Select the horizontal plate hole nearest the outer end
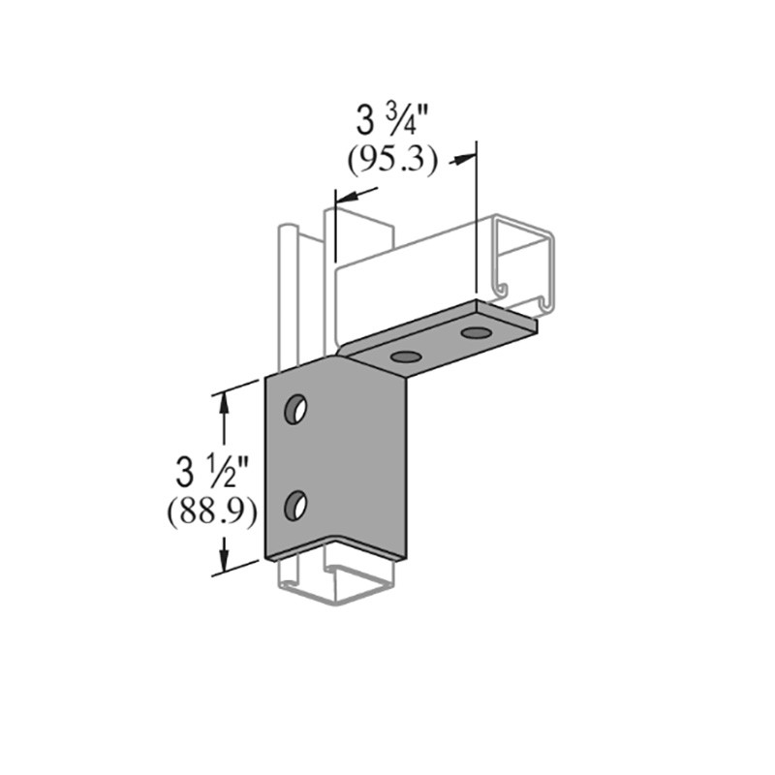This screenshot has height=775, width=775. (475, 333)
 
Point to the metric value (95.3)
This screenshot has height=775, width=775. (391, 161)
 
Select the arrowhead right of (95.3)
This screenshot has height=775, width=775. (466, 158)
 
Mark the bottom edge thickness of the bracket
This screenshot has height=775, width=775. (334, 554)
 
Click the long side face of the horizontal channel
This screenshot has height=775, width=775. (417, 281)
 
